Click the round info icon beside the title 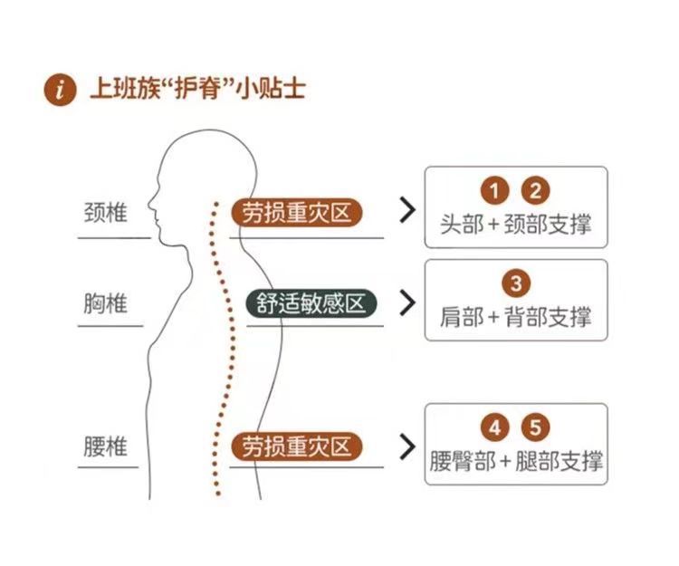click(60, 90)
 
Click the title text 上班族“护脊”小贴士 click(197, 89)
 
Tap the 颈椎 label click(106, 213)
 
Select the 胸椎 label click(106, 302)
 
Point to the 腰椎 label click(106, 446)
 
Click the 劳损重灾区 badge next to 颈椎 click(296, 213)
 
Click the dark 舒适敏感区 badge click(311, 303)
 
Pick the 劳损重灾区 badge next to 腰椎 click(296, 446)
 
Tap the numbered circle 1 click(494, 190)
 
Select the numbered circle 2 click(535, 190)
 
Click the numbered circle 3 click(516, 283)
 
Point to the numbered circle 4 click(494, 427)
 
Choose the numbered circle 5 click(535, 427)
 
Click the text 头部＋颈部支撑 click(516, 225)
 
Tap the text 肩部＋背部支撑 click(516, 317)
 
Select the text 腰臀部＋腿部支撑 click(516, 461)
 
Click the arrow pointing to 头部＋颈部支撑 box click(408, 210)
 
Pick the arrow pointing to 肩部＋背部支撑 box click(408, 302)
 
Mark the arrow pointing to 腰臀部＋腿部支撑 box click(408, 446)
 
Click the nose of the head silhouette click(150, 202)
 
